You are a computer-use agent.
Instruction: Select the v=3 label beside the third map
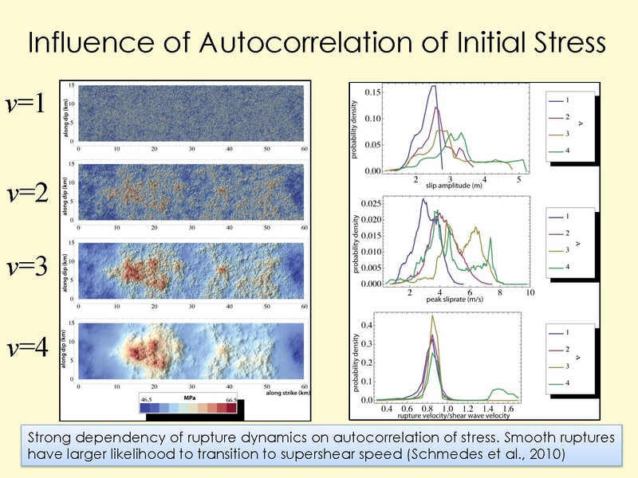(30, 266)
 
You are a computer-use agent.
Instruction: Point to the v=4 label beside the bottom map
(30, 349)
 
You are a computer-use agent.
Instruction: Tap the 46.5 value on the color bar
(147, 397)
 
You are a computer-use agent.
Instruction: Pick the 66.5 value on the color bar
(229, 397)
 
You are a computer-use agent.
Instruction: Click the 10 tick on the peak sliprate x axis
(530, 293)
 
